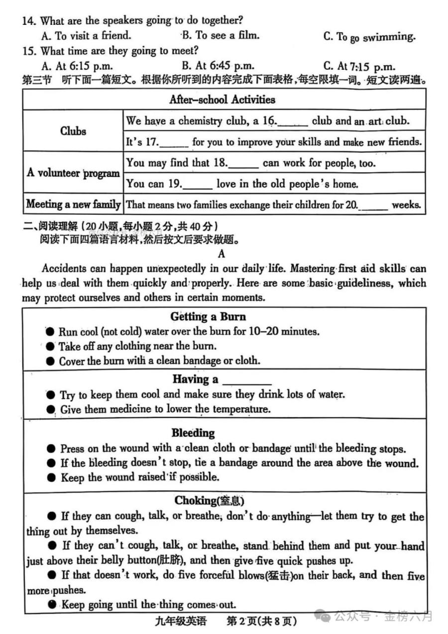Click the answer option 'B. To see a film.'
tap(221, 35)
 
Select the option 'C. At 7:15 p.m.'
tap(359, 66)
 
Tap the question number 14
tap(30, 21)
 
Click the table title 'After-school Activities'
tap(222, 100)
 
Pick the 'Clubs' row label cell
tap(73, 131)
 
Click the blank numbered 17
tap(175, 143)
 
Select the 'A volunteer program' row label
tap(73, 173)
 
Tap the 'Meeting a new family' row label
tap(73, 204)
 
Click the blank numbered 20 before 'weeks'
tap(375, 205)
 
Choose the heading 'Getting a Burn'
tap(208, 317)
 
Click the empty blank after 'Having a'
tap(246, 380)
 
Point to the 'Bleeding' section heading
tap(193, 433)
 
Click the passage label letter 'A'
tap(222, 254)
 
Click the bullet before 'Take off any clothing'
tap(50, 346)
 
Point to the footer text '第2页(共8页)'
tap(261, 621)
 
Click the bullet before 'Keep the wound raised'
tap(51, 477)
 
